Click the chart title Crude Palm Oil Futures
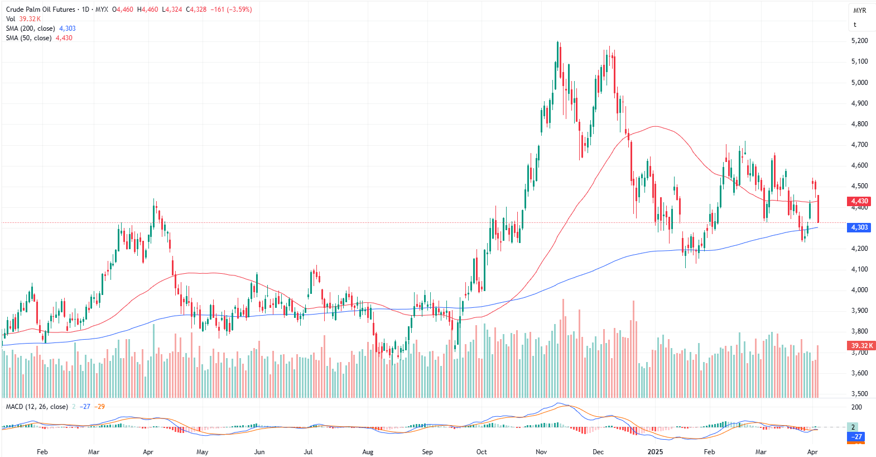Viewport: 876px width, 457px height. pos(40,9)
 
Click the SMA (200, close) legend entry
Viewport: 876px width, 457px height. pos(30,28)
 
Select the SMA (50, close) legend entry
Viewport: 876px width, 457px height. pos(28,38)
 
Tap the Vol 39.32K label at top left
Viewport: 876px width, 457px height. pos(23,19)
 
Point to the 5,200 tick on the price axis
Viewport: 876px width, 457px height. pos(859,41)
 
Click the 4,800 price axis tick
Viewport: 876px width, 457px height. pos(859,124)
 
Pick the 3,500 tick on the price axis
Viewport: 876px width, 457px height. pos(859,394)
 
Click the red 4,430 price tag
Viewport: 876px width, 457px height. pos(859,201)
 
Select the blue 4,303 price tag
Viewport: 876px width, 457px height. pos(859,227)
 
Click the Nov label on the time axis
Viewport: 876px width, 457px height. pos(541,452)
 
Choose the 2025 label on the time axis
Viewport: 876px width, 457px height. pos(655,452)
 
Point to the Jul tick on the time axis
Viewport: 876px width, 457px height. pos(308,452)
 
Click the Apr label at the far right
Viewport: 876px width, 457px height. pos(812,452)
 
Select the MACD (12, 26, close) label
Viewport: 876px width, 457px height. pos(37,407)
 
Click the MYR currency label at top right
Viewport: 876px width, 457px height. pos(860,11)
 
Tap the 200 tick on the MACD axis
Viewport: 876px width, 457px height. pos(856,407)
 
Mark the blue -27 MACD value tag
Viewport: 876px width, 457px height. pos(856,436)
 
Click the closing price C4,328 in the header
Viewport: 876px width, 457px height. pos(196,9)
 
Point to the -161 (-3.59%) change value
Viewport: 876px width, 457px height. pos(231,9)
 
